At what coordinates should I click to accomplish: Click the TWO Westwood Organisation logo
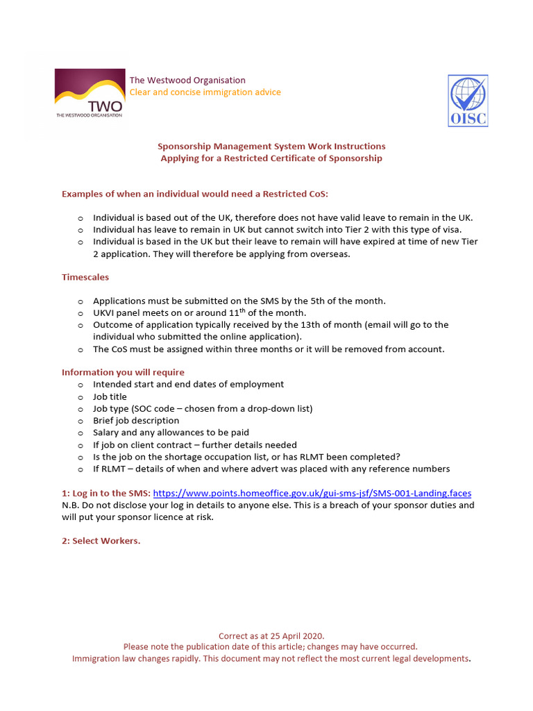tap(90, 94)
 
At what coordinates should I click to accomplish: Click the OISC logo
tap(468, 101)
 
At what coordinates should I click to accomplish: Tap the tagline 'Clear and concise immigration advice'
tap(205, 92)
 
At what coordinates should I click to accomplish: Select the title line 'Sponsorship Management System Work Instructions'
tap(271, 146)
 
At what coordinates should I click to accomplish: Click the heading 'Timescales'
tap(85, 277)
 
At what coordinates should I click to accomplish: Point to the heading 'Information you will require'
tap(123, 372)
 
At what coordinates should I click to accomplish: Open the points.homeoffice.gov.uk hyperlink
tap(312, 493)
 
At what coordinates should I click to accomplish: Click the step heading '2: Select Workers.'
tap(101, 541)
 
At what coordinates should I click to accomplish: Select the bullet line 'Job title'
tap(110, 396)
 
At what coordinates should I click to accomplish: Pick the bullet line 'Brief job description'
tap(136, 420)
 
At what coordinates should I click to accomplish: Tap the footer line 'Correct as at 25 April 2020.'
tap(271, 635)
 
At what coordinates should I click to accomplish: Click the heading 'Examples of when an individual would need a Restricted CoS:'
tap(194, 194)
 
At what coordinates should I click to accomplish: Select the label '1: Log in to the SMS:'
tap(105, 493)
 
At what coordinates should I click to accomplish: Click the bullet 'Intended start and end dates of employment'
tap(188, 384)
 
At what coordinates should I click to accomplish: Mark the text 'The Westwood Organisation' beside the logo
tap(187, 80)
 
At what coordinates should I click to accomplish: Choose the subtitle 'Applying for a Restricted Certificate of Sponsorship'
tap(271, 158)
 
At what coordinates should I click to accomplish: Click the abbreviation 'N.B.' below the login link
tap(72, 505)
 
